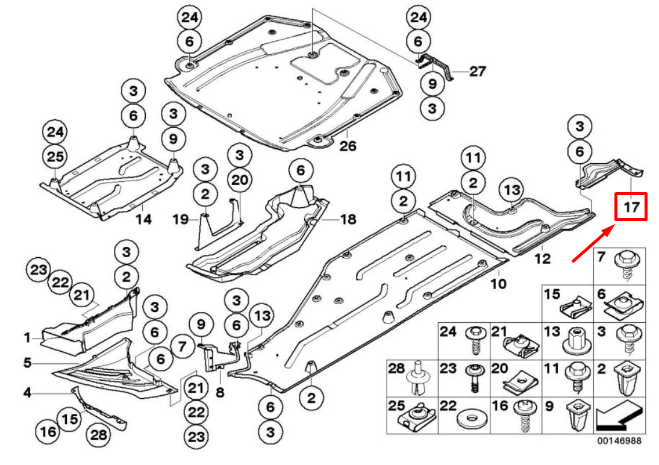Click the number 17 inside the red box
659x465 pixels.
coord(631,207)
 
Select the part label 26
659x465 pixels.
coord(348,146)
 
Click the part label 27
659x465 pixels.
coord(477,72)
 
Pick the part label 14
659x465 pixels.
coord(143,220)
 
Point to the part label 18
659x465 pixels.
coord(348,219)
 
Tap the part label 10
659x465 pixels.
coord(498,282)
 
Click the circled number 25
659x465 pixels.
coord(55,157)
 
